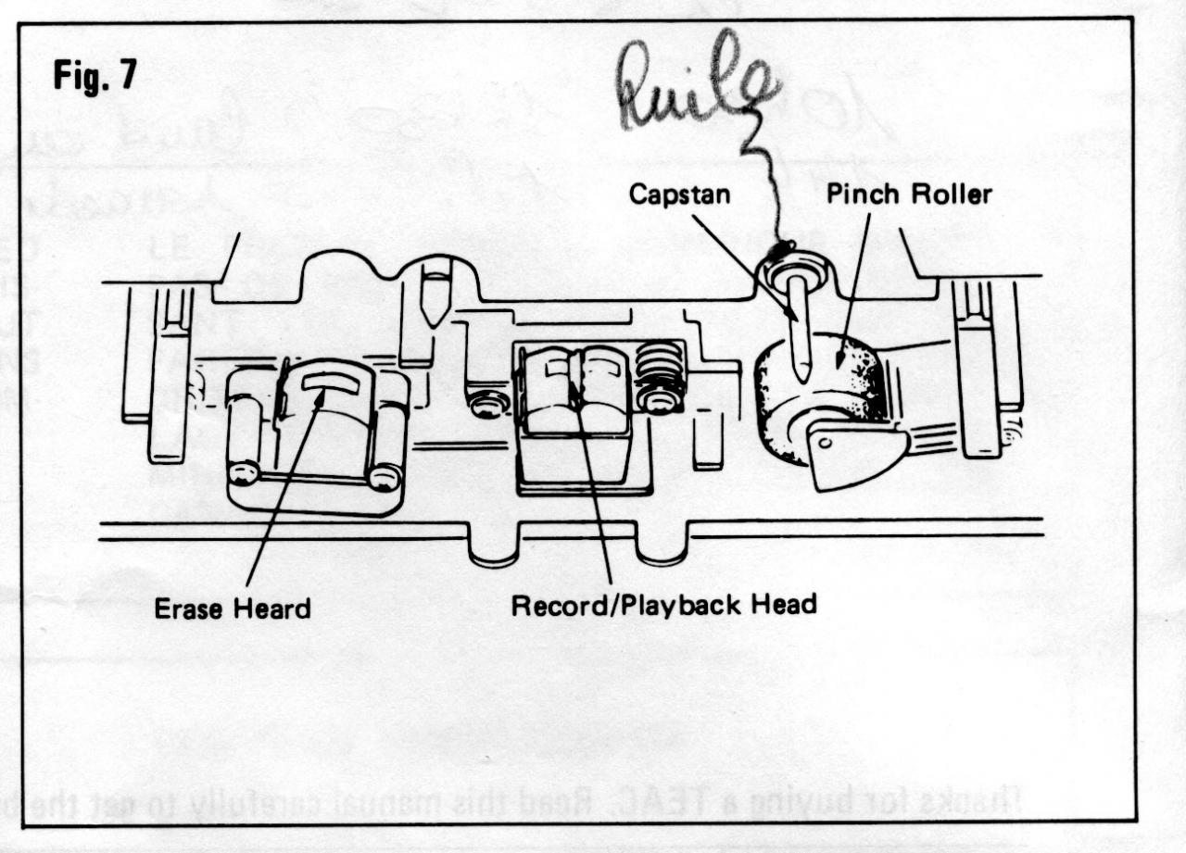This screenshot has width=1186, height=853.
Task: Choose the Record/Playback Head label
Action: click(x=663, y=605)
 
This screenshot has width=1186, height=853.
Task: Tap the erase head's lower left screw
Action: click(x=243, y=473)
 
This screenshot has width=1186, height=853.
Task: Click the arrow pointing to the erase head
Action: click(x=283, y=491)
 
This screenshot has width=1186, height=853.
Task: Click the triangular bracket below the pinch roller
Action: click(x=851, y=456)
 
